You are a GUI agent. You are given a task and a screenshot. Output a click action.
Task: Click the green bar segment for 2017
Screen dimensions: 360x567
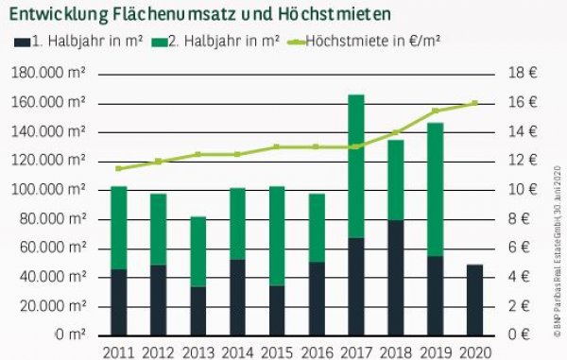tap(356, 166)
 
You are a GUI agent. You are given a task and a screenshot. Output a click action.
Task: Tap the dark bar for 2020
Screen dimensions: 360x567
tap(475, 300)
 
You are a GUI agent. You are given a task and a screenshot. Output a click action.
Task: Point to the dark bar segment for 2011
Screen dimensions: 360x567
tap(119, 302)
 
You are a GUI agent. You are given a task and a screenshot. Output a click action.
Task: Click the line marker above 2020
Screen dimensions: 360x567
tap(474, 103)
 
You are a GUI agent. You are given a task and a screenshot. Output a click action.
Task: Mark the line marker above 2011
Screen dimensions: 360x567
tap(119, 168)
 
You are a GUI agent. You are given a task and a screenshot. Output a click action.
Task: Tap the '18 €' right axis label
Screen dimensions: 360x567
tap(525, 73)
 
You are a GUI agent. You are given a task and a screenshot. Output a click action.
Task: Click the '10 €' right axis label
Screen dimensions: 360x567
tap(525, 190)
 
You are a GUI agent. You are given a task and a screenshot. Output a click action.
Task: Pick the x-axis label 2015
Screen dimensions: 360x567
tap(277, 351)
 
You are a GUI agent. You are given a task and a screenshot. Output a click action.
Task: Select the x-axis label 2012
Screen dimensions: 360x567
tap(159, 351)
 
